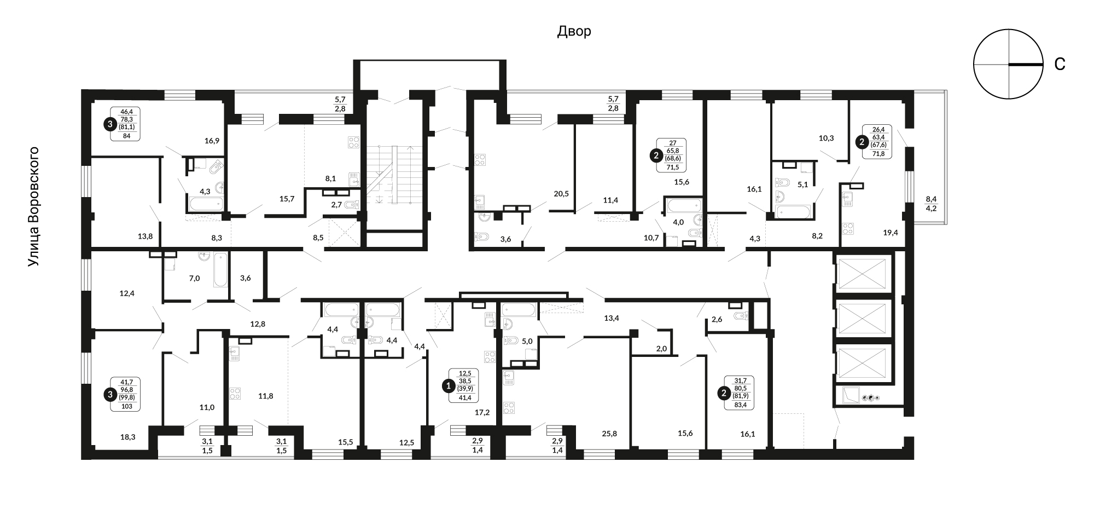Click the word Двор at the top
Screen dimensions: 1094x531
574,31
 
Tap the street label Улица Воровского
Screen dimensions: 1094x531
34,207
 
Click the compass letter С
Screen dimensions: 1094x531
1060,65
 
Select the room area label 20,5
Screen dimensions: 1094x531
561,193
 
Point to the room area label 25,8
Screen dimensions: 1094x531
609,433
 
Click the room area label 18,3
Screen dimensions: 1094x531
128,437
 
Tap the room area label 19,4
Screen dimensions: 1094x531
890,233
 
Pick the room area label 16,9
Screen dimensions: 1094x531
212,141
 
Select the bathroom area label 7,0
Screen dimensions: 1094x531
194,278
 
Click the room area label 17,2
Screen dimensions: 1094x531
482,412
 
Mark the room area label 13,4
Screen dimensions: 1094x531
611,318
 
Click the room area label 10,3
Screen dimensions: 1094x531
826,138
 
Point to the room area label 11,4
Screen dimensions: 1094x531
610,200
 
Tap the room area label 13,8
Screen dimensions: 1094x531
145,236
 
